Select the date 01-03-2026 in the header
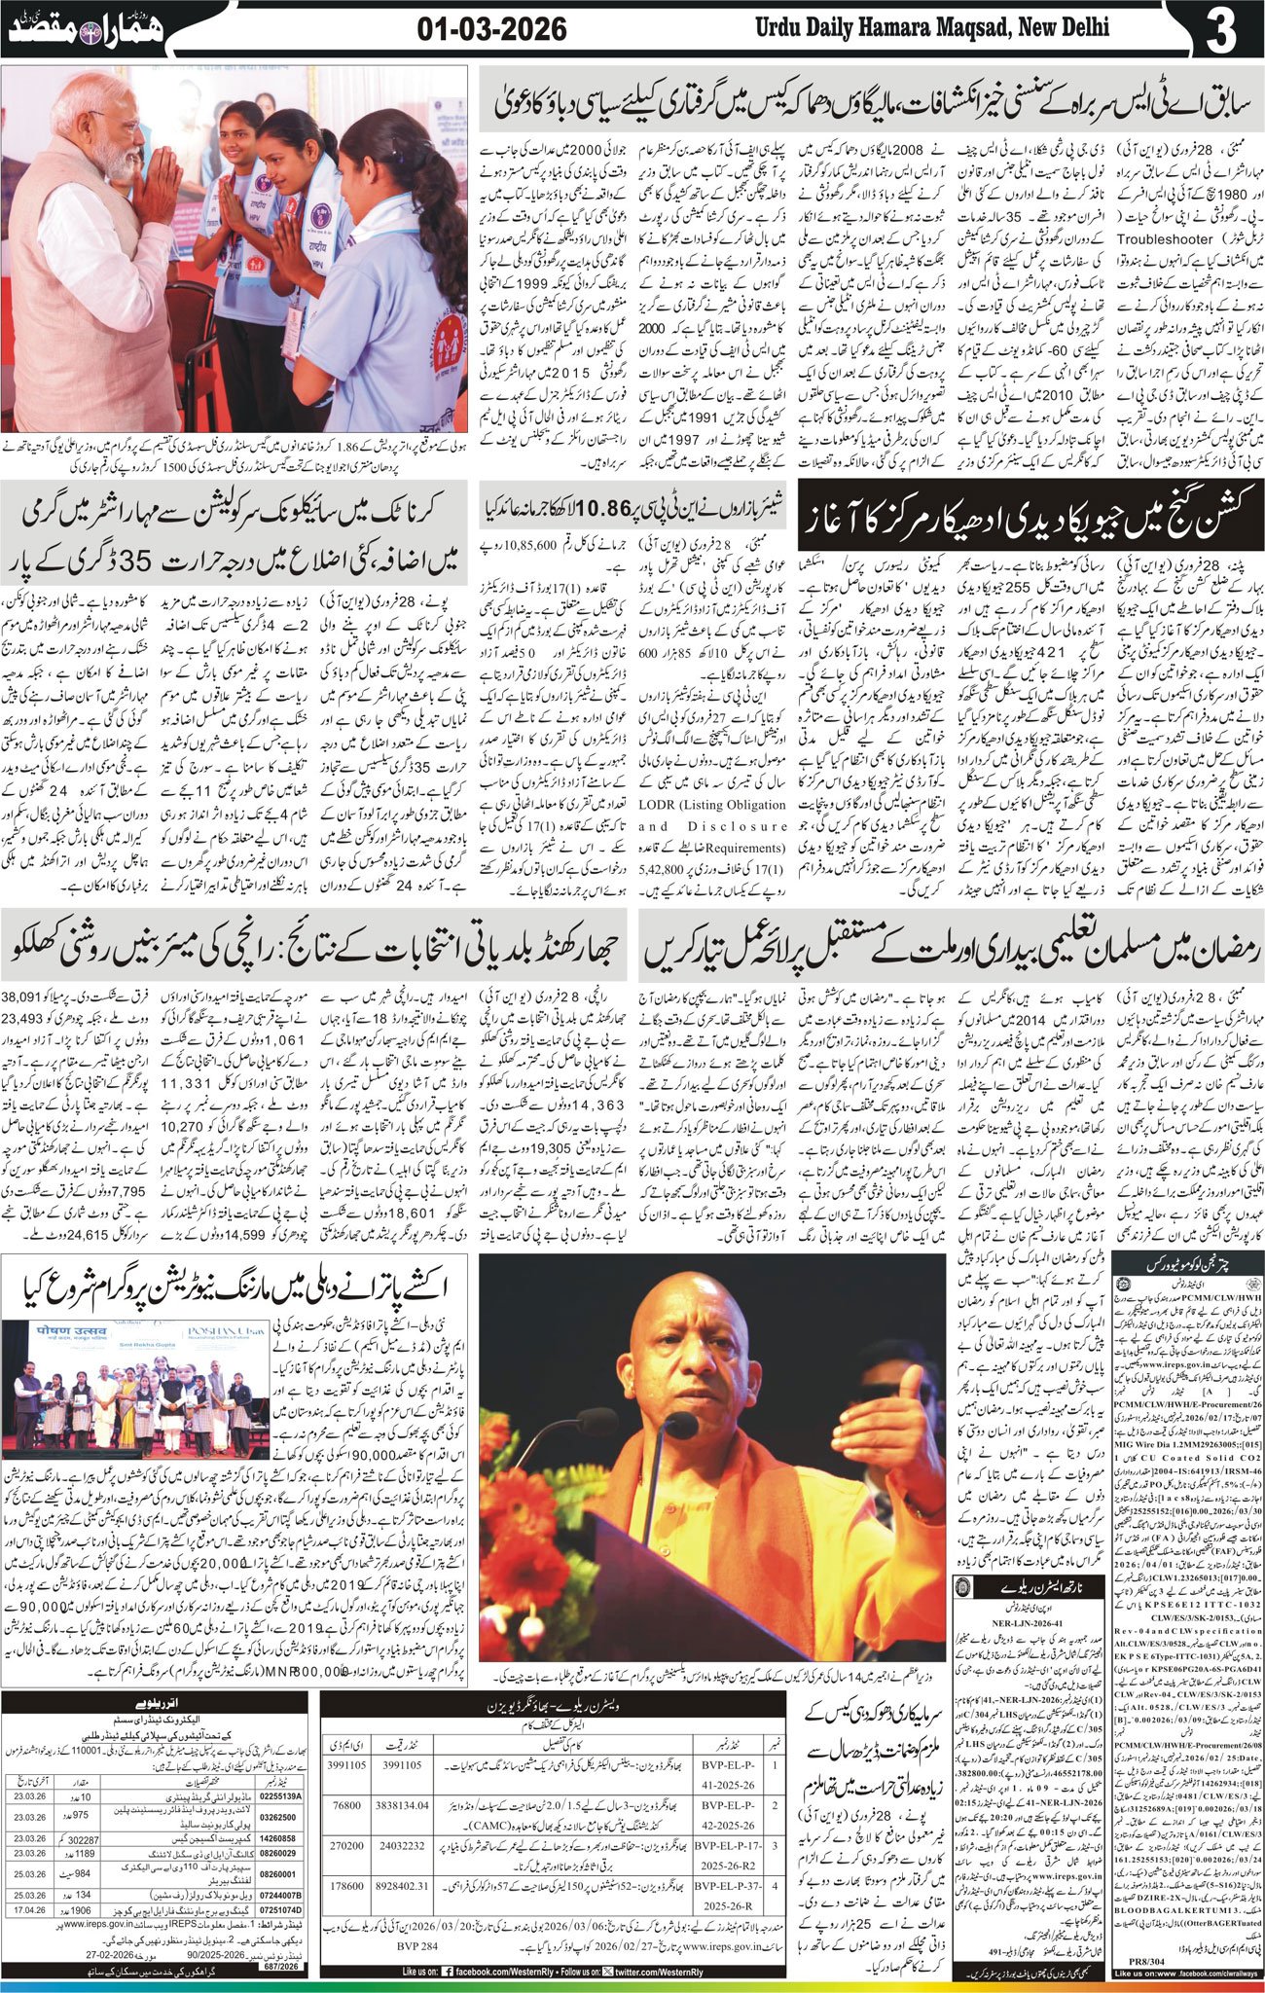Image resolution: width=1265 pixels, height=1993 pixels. click(491, 30)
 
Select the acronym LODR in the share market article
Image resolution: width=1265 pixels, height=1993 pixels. click(663, 805)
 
